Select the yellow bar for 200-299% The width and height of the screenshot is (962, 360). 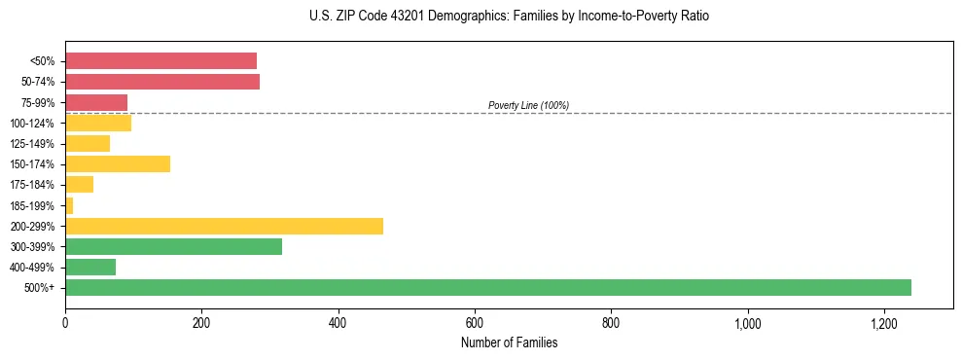tap(224, 226)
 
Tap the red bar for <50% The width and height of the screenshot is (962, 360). tap(160, 60)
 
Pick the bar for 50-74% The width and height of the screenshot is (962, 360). tap(162, 81)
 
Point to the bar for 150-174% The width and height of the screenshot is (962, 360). tap(118, 163)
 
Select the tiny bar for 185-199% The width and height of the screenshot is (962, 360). tap(69, 205)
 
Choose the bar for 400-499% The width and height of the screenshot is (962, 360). tap(90, 267)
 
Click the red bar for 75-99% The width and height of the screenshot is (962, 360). tap(96, 102)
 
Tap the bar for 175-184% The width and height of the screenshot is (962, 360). tap(79, 184)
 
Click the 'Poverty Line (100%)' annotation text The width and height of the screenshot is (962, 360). tap(528, 105)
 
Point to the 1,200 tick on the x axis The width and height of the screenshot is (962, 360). tap(884, 322)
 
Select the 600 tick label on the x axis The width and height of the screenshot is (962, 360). tap(475, 322)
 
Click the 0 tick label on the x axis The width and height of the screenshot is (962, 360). tap(65, 322)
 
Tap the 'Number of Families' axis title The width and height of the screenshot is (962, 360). tap(509, 342)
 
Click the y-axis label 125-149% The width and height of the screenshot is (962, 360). tap(32, 144)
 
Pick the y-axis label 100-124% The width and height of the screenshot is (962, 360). tap(32, 123)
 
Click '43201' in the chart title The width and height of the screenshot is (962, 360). tap(387, 17)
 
